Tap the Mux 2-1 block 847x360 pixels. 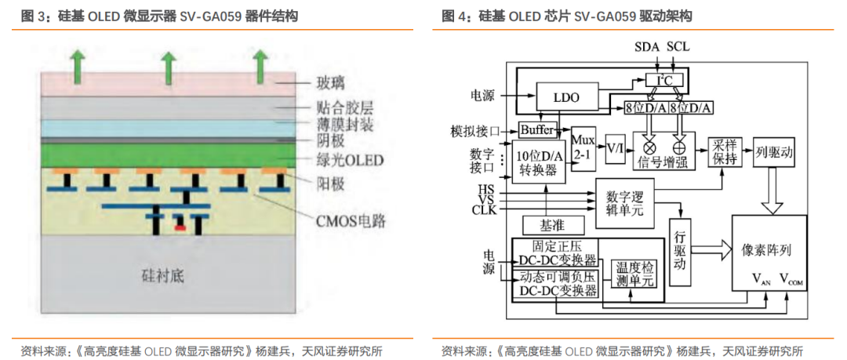[583, 144]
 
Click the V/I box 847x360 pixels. [616, 147]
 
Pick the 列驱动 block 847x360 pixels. [774, 151]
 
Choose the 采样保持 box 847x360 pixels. [726, 152]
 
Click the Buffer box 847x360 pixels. [537, 129]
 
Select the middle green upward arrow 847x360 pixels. [167, 67]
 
